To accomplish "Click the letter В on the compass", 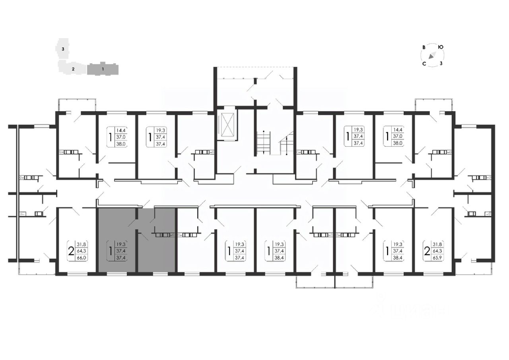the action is (x=424, y=47).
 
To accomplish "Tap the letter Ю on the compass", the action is (x=441, y=47).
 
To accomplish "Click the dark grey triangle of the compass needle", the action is (x=431, y=57).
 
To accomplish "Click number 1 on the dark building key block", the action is (x=103, y=69).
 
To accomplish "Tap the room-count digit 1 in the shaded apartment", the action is (x=111, y=251).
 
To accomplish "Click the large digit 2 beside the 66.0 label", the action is (x=71, y=251).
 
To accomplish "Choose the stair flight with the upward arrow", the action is (x=286, y=145).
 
